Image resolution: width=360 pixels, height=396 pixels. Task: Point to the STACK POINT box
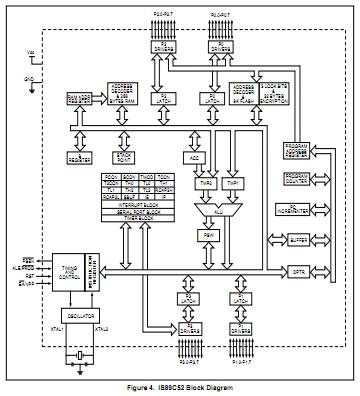click(125, 155)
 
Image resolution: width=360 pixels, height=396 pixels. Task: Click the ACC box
click(196, 157)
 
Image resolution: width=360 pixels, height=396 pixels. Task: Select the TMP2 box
click(205, 185)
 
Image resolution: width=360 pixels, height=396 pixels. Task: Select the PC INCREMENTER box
click(297, 210)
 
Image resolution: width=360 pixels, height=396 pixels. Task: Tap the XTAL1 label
click(56, 328)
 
